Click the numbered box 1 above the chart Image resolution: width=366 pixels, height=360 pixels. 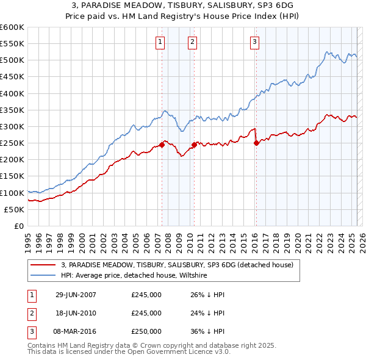click(160, 42)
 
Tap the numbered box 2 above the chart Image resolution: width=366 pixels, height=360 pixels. click(192, 42)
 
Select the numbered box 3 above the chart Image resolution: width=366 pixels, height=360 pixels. click(254, 42)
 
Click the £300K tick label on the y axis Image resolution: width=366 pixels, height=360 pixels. click(12, 126)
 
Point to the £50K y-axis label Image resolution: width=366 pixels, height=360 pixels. click(14, 209)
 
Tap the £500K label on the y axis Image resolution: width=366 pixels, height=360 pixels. click(12, 60)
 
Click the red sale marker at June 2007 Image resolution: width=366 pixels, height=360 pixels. click(162, 145)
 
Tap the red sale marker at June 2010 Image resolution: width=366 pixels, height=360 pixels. click(194, 145)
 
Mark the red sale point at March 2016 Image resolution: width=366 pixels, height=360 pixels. click(256, 143)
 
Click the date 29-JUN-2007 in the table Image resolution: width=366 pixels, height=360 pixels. click(76, 294)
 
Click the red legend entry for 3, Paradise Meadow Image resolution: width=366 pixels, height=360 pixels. click(177, 265)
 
